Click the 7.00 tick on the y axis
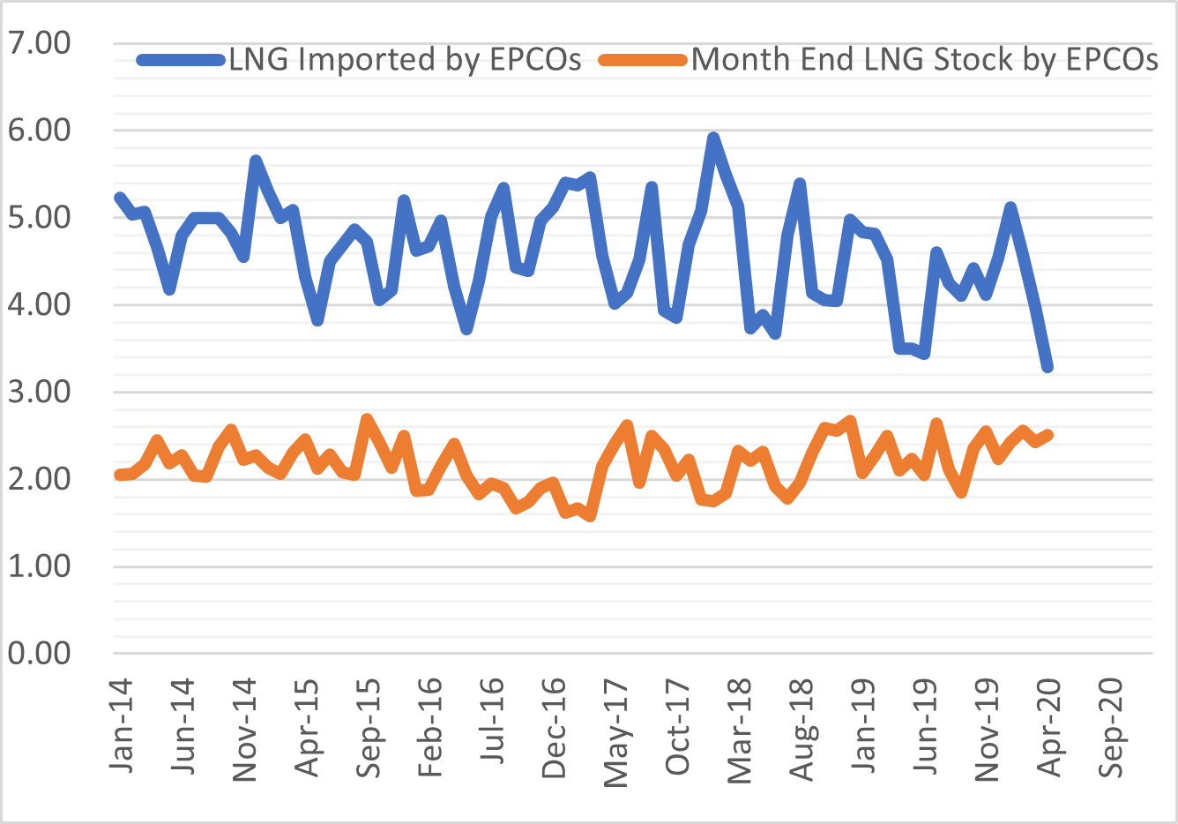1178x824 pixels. (x=39, y=43)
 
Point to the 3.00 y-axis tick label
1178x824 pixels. (x=39, y=392)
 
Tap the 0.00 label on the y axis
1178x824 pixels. (x=39, y=654)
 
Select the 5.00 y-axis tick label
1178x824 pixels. (x=39, y=217)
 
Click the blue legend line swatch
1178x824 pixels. (x=181, y=60)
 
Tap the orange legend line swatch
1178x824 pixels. (x=643, y=60)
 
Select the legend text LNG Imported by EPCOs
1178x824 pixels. (x=405, y=60)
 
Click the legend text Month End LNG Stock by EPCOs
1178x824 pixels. (x=924, y=60)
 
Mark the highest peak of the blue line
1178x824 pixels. (x=713, y=138)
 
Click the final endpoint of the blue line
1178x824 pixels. (x=1048, y=367)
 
